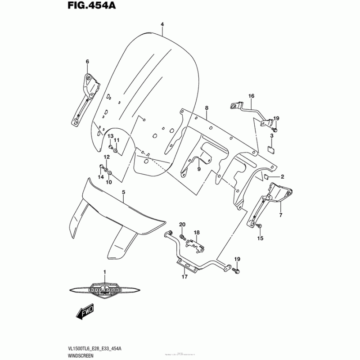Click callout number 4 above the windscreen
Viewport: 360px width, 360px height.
pos(162,24)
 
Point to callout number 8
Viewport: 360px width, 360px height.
pos(207,108)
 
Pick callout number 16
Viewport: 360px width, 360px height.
pos(251,96)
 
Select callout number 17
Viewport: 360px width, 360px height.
pos(184,277)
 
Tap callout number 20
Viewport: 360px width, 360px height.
pos(182,225)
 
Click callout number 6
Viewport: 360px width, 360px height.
pos(87,62)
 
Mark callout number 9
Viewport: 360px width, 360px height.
pos(198,169)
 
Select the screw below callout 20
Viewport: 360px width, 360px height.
pos(182,236)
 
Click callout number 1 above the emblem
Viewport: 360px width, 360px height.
pos(104,272)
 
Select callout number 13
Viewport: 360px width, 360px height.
pos(109,136)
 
